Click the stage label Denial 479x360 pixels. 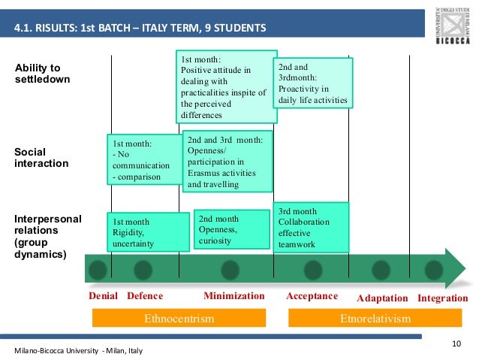click(x=104, y=296)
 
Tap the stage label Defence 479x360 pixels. click(x=145, y=296)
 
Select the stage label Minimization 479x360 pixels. click(x=234, y=296)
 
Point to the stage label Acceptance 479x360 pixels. click(x=312, y=296)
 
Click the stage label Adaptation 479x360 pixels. click(x=382, y=298)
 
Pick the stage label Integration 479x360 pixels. click(x=442, y=298)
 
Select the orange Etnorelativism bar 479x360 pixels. click(x=375, y=319)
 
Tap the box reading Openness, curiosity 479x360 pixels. click(x=231, y=228)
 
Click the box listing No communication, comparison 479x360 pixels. click(x=145, y=160)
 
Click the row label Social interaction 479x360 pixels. click(x=41, y=157)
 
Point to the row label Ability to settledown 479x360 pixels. click(x=43, y=74)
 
